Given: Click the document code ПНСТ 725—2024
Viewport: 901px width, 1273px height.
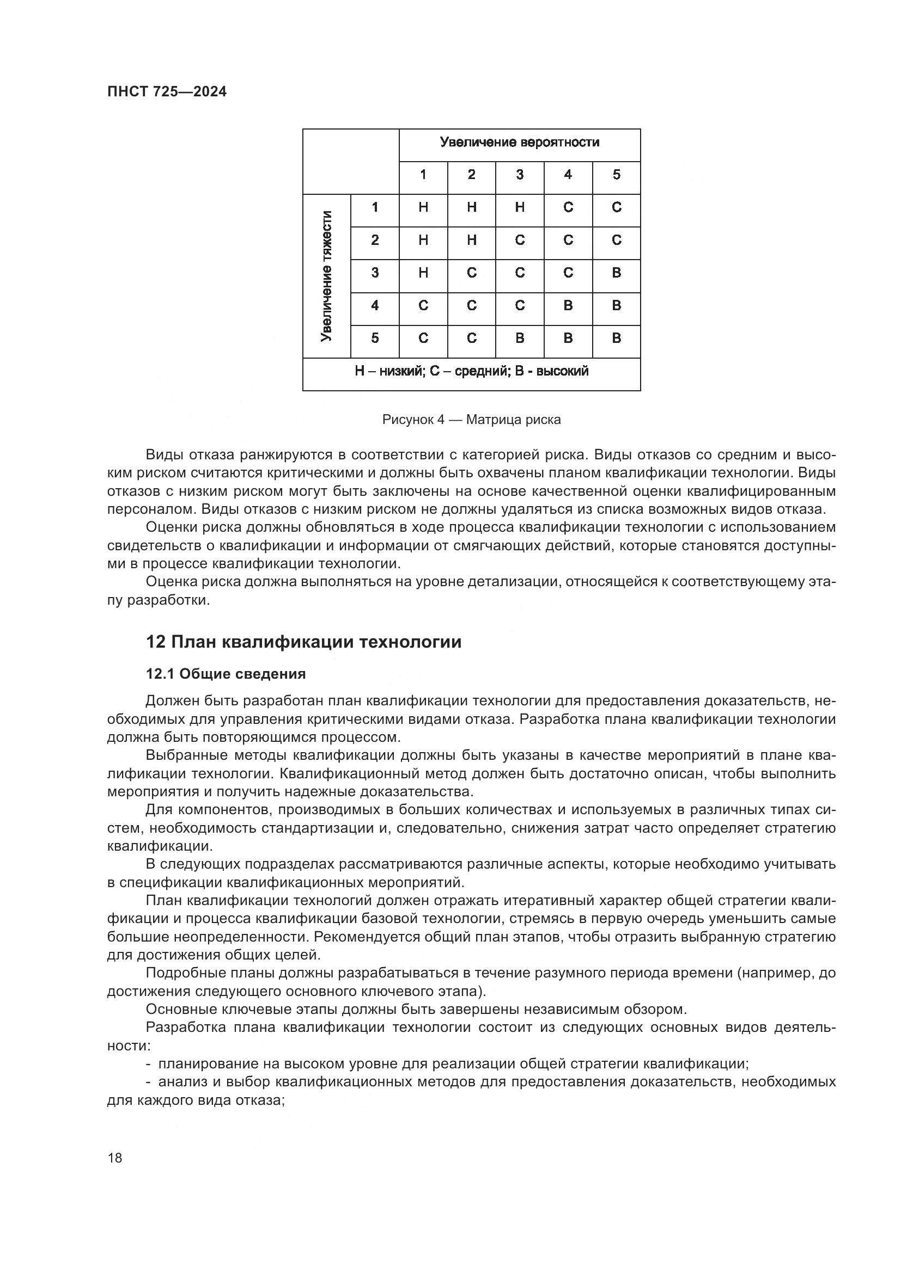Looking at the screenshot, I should point(167,91).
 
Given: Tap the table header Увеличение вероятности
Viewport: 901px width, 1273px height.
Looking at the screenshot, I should point(519,143).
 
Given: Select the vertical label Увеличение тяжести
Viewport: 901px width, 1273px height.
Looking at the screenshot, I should point(327,275).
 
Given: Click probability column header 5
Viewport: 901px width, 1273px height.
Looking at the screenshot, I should point(617,175).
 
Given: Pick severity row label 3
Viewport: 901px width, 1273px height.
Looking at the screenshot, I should point(375,273).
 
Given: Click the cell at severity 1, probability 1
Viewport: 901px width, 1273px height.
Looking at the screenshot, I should point(423,207).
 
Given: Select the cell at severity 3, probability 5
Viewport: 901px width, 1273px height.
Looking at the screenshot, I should point(617,273).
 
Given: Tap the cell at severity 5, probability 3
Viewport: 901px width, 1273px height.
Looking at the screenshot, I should point(520,338).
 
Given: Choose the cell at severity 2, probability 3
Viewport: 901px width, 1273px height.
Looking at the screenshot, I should point(520,240).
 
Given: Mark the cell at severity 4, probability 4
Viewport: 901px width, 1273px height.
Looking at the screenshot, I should point(568,305).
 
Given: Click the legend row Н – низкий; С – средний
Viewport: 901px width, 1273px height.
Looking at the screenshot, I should point(472,372).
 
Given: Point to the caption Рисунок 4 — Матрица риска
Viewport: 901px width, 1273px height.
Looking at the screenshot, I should point(471,420).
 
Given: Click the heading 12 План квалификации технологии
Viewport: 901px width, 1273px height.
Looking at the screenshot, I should point(303,642).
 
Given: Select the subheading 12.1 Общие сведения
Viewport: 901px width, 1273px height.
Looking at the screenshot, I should point(226,674).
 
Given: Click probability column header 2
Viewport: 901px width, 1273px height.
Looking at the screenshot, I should point(472,175).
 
